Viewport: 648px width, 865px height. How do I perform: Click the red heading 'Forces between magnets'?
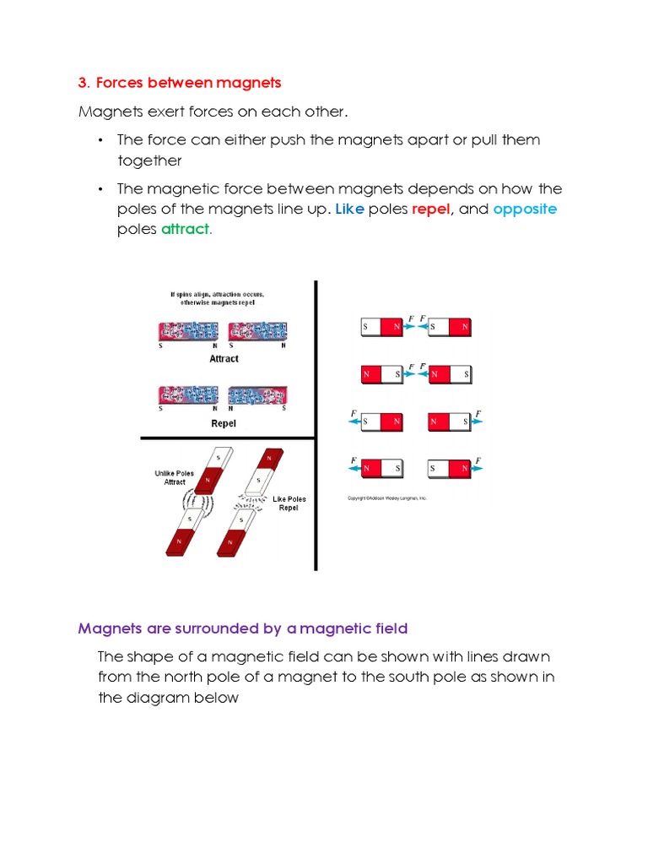(x=188, y=83)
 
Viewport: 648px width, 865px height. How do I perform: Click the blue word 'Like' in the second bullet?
(x=349, y=209)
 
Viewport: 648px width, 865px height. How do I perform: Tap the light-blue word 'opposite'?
(x=525, y=209)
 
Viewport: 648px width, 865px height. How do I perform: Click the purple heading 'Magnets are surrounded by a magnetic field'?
(x=243, y=628)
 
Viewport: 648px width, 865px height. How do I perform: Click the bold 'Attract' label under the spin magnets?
(x=224, y=359)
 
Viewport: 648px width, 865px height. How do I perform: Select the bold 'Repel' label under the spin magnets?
(x=224, y=423)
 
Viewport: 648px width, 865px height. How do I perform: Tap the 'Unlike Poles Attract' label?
(x=175, y=478)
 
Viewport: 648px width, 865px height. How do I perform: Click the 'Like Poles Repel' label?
(x=289, y=504)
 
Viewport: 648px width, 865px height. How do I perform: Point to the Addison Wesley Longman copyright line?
(x=387, y=498)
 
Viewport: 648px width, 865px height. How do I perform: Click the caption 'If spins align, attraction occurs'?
(x=217, y=295)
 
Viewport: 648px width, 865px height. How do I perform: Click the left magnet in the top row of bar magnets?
(x=382, y=326)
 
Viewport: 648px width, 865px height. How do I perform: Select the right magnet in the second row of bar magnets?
(x=449, y=373)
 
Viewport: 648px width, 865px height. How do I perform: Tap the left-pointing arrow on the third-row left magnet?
(x=354, y=420)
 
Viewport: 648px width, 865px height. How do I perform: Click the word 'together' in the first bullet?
(x=149, y=160)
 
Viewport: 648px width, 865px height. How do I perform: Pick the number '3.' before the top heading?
(x=84, y=83)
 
